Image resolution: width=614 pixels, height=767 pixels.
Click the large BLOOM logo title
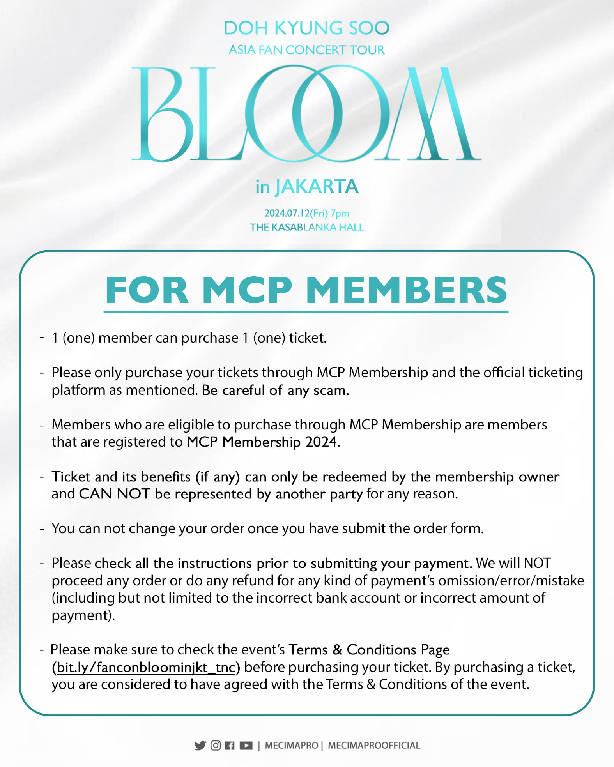click(x=306, y=114)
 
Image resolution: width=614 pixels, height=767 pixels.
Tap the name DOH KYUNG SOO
click(x=306, y=28)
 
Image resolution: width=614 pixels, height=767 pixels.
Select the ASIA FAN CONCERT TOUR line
click(x=306, y=50)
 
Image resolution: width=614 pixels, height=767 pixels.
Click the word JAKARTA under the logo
click(x=317, y=186)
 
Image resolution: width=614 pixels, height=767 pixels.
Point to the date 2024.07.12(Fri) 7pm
click(x=307, y=213)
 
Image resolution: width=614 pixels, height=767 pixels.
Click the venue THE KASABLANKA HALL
click(x=307, y=227)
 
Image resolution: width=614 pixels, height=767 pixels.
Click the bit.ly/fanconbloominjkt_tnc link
click(x=146, y=667)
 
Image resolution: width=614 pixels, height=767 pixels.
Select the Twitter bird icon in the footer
click(x=200, y=746)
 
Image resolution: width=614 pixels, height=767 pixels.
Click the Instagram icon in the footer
click(x=216, y=746)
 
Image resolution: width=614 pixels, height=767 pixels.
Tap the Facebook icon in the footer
click(x=230, y=746)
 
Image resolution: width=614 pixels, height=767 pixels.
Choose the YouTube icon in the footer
click(x=246, y=746)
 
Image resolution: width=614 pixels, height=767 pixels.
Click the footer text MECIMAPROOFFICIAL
click(x=374, y=746)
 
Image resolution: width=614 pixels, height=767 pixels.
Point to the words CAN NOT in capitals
click(x=114, y=494)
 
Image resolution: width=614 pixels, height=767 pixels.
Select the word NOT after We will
click(x=537, y=563)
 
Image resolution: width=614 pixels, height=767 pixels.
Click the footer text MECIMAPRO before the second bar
click(x=292, y=746)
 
